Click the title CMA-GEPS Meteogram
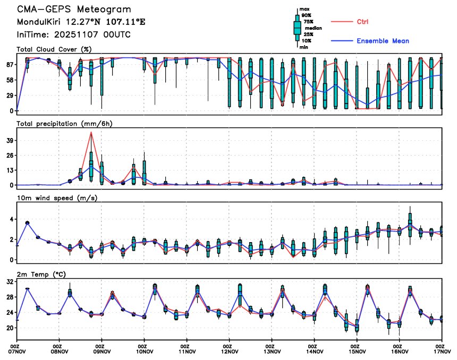click(74, 10)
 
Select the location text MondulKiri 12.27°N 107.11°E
click(81, 22)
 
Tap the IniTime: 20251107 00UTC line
click(74, 35)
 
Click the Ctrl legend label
click(362, 22)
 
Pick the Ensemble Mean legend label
click(383, 41)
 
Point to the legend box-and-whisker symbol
click(297, 28)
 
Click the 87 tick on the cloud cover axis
click(10, 64)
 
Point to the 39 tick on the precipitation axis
click(10, 140)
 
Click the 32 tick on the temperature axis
click(10, 282)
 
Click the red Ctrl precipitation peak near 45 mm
click(91, 132)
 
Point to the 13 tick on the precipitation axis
click(10, 170)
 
